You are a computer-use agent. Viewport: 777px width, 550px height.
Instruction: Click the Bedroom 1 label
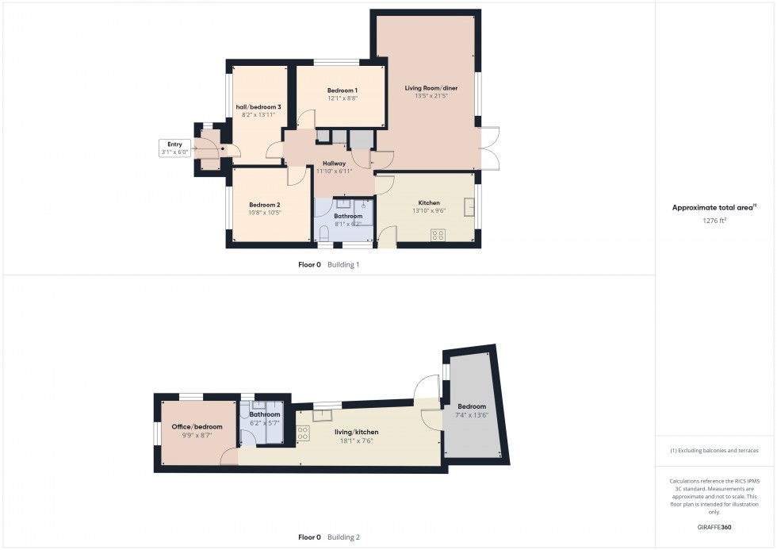click(x=343, y=90)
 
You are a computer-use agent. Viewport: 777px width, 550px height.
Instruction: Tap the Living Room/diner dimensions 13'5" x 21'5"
click(x=427, y=96)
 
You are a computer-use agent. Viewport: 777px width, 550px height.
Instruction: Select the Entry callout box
click(x=175, y=148)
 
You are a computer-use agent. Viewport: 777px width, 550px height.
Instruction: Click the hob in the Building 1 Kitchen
click(x=437, y=235)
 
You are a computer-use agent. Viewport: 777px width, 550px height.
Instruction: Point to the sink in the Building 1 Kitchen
click(x=469, y=202)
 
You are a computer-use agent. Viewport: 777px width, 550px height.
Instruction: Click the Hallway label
click(x=334, y=163)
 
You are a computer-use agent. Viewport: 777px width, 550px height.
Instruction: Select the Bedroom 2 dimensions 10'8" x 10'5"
click(x=265, y=213)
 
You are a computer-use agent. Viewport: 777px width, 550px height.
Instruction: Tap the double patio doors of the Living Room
click(x=489, y=148)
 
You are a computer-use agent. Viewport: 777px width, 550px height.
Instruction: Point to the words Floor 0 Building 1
click(x=328, y=264)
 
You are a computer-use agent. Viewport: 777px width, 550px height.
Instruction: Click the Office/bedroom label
click(x=197, y=426)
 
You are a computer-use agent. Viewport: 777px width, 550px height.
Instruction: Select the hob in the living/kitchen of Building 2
click(x=303, y=434)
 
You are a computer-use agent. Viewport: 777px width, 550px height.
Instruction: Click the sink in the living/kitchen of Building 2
click(x=323, y=414)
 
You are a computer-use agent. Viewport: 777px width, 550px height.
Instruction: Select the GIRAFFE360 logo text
click(x=714, y=526)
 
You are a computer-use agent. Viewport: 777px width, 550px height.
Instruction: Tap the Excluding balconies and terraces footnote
click(x=714, y=451)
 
